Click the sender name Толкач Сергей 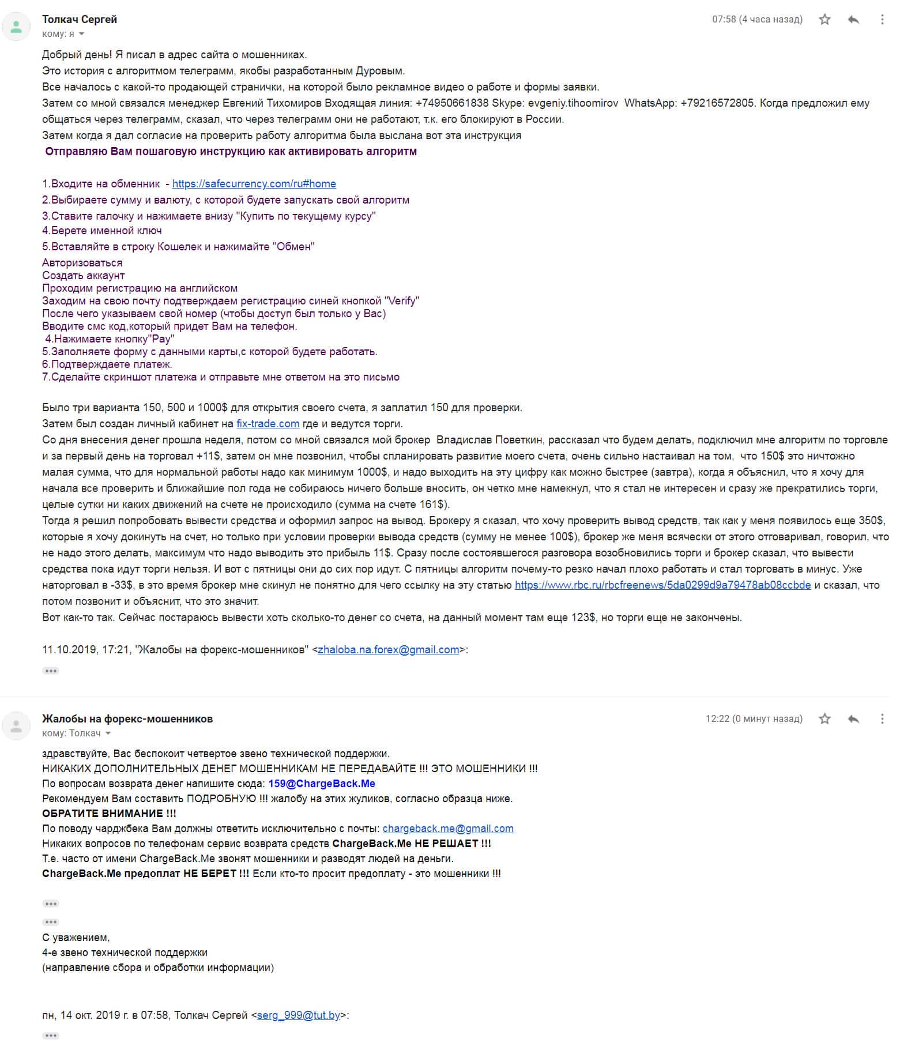[x=80, y=19]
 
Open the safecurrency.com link [x=254, y=184]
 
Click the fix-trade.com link [x=268, y=424]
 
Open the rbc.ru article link [x=662, y=585]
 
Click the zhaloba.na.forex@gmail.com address [x=388, y=650]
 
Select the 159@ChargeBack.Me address [x=322, y=784]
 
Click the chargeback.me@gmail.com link [x=448, y=829]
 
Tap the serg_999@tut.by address [x=298, y=1015]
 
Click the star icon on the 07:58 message [x=824, y=20]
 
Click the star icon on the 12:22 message [x=824, y=719]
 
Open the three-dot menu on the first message [x=882, y=20]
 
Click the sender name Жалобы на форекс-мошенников [x=127, y=719]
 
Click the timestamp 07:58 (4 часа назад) [x=757, y=20]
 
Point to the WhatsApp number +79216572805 [x=717, y=103]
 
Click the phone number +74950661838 [x=451, y=103]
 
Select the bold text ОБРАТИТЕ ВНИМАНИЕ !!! [x=109, y=814]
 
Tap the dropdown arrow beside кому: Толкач [x=108, y=734]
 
